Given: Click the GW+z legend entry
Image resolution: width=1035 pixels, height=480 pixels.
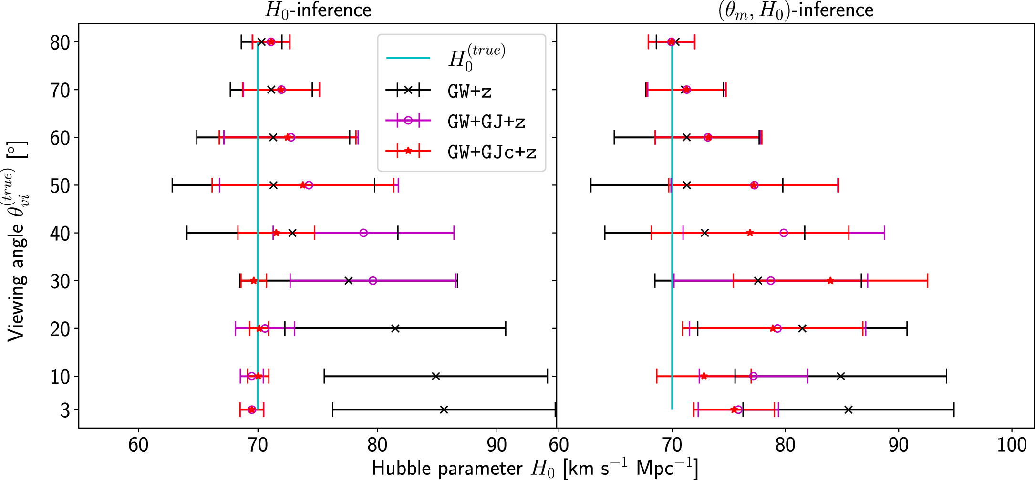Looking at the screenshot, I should coord(469,91).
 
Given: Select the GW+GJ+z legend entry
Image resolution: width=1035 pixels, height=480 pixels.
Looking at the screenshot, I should coord(486,122).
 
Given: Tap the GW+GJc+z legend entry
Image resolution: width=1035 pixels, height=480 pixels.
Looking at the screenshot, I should coord(492,152).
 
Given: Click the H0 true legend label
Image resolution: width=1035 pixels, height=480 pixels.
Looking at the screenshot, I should coord(476,58).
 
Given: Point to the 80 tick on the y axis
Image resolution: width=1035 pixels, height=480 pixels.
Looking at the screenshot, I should coord(60,42).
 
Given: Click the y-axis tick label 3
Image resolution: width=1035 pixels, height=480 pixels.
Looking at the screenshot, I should coord(65,410).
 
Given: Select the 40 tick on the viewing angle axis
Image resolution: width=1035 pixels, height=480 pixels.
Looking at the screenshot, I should coord(60,234).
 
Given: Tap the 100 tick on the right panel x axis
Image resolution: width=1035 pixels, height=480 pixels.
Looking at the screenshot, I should coord(1012,445).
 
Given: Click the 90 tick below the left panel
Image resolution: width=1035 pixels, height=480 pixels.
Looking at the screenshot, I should coord(497,445).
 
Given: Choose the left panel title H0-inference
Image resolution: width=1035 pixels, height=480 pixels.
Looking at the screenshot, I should coord(318,10).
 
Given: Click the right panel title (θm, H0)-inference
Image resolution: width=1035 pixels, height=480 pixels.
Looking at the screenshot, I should coord(796,10).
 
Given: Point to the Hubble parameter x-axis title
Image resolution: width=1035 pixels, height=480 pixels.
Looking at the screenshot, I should coord(534,468).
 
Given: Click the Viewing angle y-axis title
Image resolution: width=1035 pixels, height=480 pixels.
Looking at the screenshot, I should coord(17,241).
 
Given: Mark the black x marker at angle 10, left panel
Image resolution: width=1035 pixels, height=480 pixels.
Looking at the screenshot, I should coord(435,376).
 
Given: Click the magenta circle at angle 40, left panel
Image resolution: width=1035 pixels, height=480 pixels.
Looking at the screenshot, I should coord(363,233).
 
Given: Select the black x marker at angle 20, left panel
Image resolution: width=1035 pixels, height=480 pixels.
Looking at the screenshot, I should coord(395,328).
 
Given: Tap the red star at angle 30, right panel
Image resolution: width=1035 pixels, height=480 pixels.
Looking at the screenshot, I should coord(830,281).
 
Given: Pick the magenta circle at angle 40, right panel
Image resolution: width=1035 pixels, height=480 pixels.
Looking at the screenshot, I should coord(784,233).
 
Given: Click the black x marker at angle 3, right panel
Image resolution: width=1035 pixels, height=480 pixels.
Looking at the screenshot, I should coord(848,409).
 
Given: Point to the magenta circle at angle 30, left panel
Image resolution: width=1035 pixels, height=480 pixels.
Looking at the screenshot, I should coord(373,281).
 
